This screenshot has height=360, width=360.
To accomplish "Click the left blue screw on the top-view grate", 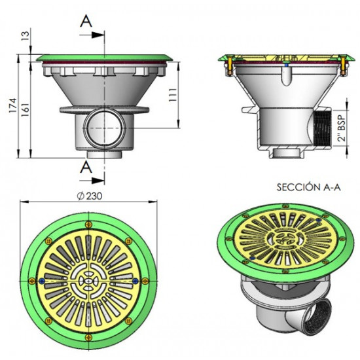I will tap(43, 281).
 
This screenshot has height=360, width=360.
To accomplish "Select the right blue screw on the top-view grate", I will tap(135, 281).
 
